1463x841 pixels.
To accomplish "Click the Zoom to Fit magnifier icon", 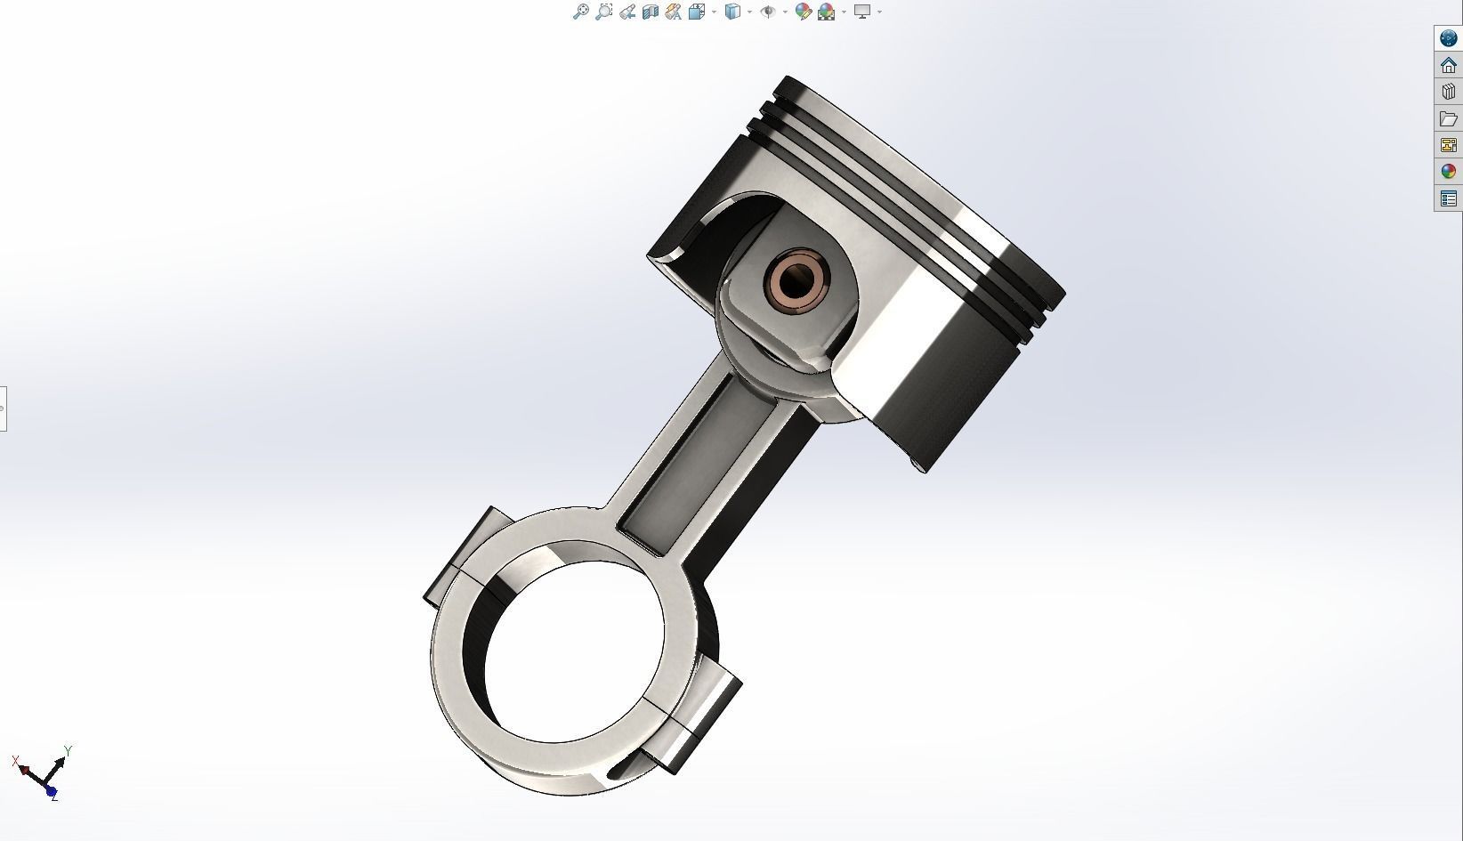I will click(x=580, y=12).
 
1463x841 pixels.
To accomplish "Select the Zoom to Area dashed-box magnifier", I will click(x=603, y=12).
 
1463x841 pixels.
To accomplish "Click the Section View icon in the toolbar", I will click(x=650, y=12).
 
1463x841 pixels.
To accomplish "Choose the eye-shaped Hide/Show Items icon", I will click(x=768, y=12).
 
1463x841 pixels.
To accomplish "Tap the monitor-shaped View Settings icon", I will click(x=861, y=12).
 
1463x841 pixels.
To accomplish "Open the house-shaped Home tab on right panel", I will click(x=1448, y=65).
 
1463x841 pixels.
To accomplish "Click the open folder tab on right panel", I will click(x=1448, y=118).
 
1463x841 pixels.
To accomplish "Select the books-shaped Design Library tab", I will click(x=1448, y=92).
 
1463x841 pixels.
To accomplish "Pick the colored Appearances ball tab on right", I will click(x=1448, y=171).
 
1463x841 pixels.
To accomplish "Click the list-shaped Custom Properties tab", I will click(x=1448, y=198).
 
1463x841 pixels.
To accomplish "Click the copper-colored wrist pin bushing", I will click(x=797, y=281).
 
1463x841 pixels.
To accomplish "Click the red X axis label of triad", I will click(x=16, y=761).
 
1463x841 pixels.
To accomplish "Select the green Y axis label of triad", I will click(x=68, y=750).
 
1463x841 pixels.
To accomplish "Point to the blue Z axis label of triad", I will click(x=54, y=797).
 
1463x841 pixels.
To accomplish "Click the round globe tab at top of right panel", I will click(x=1448, y=38).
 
